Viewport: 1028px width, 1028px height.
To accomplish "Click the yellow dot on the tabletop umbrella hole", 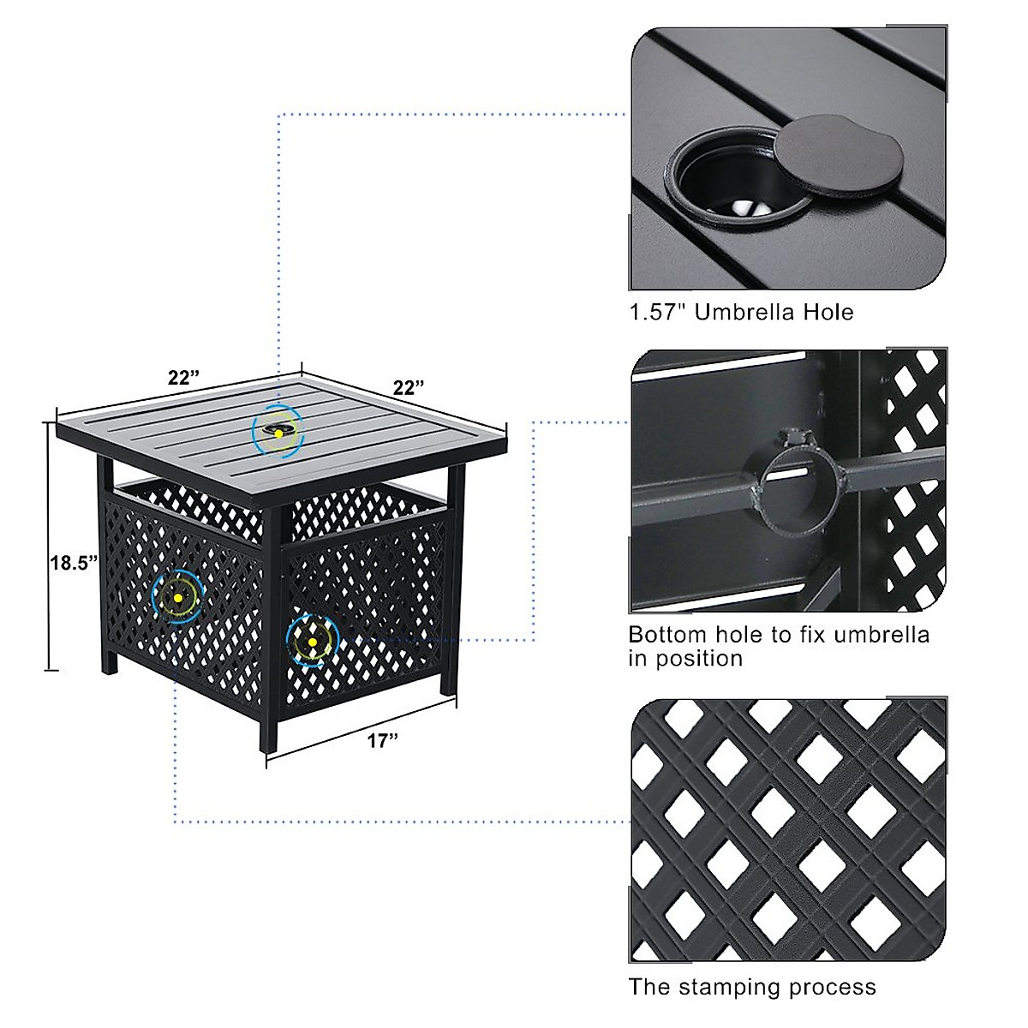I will pyautogui.click(x=278, y=434).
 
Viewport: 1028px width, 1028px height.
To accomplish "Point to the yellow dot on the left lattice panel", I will pyautogui.click(x=178, y=596).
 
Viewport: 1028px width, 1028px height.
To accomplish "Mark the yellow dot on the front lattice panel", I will pyautogui.click(x=313, y=642).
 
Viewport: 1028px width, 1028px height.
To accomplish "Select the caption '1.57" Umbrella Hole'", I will pyautogui.click(x=741, y=312).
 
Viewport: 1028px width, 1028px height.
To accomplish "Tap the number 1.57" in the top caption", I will pyautogui.click(x=658, y=312).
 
